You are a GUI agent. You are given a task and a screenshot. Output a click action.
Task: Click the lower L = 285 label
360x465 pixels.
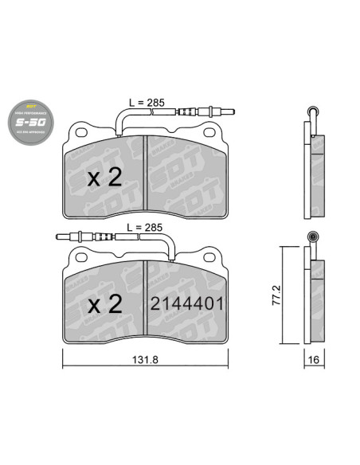146,227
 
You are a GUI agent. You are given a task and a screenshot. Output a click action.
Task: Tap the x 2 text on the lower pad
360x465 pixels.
104,303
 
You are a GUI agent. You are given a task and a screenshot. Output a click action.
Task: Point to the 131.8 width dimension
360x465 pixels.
143,360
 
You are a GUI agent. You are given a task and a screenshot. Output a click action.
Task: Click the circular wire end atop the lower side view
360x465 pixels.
312,236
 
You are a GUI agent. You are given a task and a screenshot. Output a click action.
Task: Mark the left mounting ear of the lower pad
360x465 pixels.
80,256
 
